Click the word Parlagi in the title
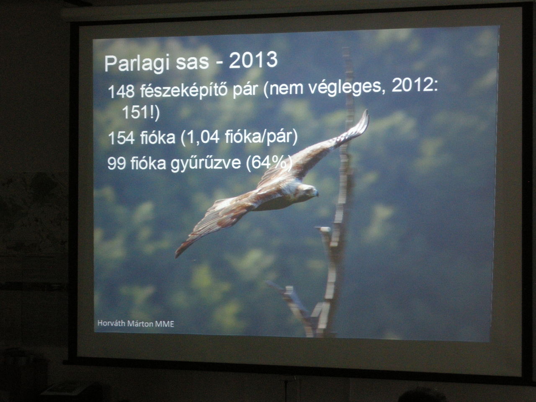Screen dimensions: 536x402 [137, 63]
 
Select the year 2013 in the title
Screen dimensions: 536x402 [253, 60]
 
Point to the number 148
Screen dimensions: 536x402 [121, 91]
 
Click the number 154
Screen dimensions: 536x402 [121, 138]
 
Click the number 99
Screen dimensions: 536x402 [116, 164]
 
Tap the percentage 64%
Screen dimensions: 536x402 [268, 162]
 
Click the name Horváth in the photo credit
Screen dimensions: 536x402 [111, 323]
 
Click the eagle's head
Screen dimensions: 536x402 [307, 191]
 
